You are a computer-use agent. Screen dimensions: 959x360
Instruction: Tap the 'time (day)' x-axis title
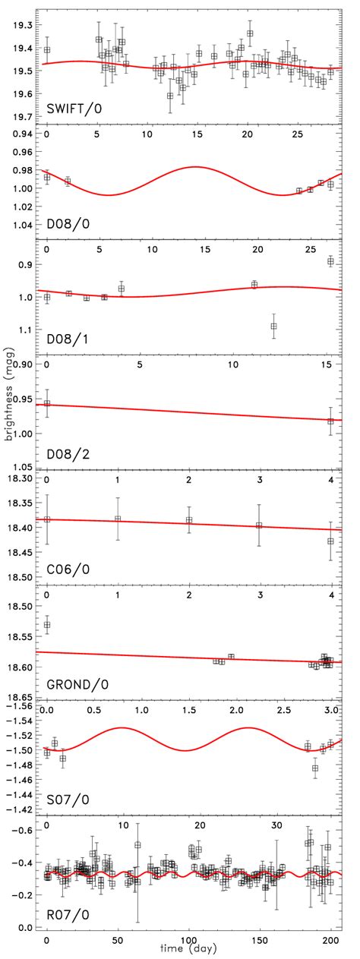190,951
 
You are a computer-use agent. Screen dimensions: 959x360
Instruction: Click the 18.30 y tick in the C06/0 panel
21,479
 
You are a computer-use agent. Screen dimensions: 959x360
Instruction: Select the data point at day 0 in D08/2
47,404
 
